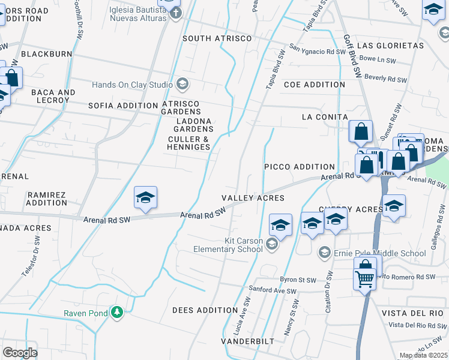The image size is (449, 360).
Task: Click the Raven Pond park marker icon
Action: point(117,313)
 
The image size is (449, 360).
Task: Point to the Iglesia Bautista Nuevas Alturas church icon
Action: point(175,13)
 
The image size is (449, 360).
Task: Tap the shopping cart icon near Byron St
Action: point(364,278)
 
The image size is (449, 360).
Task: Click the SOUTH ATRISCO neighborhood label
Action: point(217,38)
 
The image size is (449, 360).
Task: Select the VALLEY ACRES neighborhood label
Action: point(253,198)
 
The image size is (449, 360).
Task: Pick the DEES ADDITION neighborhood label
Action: point(205,310)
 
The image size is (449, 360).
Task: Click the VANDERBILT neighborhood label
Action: point(247,341)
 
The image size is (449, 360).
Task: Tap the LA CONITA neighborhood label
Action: point(325,116)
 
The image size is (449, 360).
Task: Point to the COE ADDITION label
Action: point(315,85)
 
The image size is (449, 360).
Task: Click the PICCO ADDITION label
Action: point(299,167)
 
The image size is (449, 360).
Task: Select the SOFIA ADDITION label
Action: point(122,106)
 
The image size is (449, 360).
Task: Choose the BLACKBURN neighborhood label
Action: point(47,53)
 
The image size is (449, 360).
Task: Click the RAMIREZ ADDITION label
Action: point(47,199)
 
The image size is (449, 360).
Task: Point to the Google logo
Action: point(20,353)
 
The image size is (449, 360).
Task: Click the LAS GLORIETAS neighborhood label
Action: point(390,46)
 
